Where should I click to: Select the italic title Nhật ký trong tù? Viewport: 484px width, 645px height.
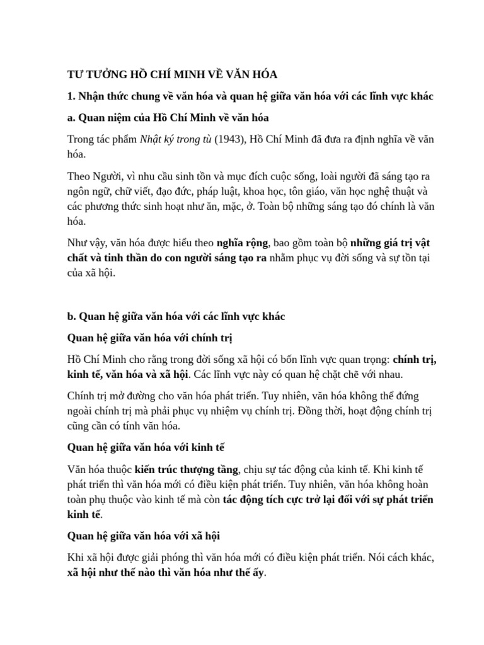click(176, 139)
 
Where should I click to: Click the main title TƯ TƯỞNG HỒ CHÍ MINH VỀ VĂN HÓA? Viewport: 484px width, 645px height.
click(172, 74)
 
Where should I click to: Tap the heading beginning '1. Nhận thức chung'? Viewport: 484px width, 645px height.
click(250, 96)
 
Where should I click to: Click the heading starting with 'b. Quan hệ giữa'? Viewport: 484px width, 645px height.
click(176, 316)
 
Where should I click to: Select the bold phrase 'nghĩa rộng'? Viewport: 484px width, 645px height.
click(243, 243)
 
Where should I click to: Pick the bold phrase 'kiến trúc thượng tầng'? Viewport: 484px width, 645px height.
click(187, 469)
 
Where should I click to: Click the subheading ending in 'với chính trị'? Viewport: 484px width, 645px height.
click(150, 338)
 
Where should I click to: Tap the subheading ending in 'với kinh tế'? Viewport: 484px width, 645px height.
click(146, 447)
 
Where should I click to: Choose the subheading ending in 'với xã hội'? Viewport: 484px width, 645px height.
click(144, 535)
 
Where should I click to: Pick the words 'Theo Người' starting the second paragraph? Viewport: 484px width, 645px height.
click(91, 176)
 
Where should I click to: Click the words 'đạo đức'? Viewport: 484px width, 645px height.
click(174, 191)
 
